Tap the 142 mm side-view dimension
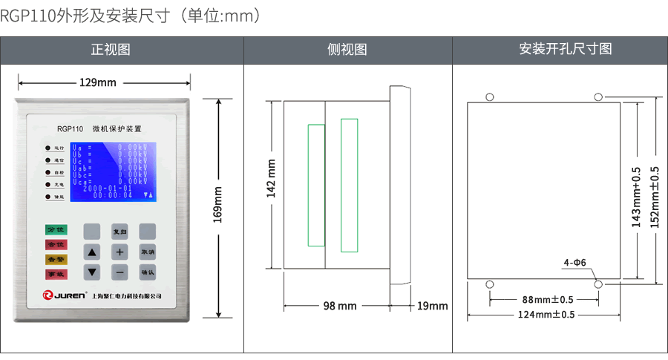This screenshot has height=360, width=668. click(x=271, y=180)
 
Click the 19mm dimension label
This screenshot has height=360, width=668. click(x=432, y=306)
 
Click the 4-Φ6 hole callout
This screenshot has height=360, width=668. click(x=574, y=263)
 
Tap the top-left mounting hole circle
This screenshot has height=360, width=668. click(x=490, y=96)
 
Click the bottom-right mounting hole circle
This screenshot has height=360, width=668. click(x=598, y=284)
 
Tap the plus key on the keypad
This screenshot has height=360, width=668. click(x=119, y=252)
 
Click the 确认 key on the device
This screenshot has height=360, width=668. click(x=148, y=272)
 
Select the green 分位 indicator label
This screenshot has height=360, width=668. click(x=56, y=230)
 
